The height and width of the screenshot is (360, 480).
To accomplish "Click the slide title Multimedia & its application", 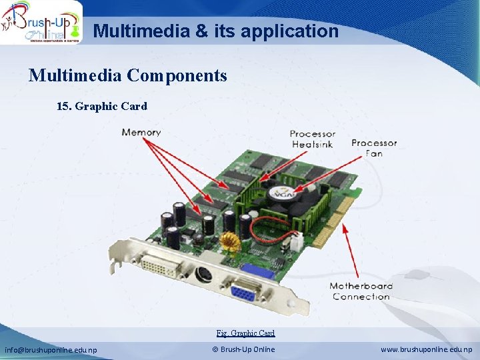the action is pyautogui.click(x=215, y=31).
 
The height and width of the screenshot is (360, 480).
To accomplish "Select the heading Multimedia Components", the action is pyautogui.click(x=127, y=75).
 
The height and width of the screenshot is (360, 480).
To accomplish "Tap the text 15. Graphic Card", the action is pyautogui.click(x=102, y=106).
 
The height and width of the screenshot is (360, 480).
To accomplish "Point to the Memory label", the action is pyautogui.click(x=141, y=132).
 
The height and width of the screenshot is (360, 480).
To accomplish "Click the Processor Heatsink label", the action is pyautogui.click(x=313, y=139).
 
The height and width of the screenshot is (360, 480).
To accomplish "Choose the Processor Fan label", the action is pyautogui.click(x=374, y=148).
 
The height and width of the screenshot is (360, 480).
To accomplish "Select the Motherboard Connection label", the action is pyautogui.click(x=361, y=291).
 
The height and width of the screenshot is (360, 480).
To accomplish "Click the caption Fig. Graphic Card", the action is pyautogui.click(x=245, y=333).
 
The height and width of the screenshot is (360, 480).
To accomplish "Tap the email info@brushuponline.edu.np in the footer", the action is pyautogui.click(x=51, y=349).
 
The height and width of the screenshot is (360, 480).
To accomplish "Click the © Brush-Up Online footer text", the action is pyautogui.click(x=243, y=349).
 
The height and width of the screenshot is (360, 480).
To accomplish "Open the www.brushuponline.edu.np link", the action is pyautogui.click(x=427, y=349).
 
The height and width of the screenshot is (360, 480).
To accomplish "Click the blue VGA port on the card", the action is pyautogui.click(x=246, y=291).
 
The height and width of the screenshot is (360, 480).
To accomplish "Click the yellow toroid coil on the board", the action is pyautogui.click(x=230, y=241).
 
